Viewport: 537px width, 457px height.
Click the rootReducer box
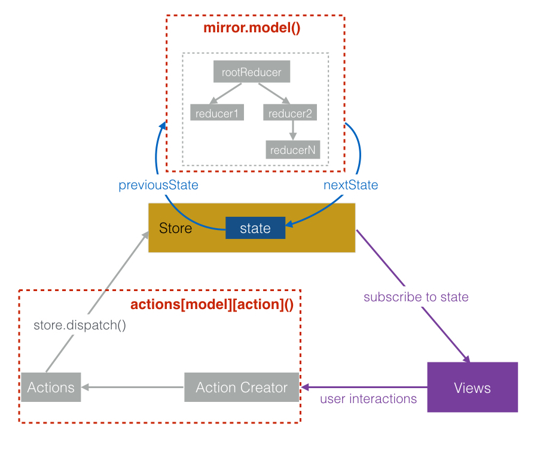(x=252, y=72)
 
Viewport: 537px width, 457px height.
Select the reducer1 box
(x=216, y=113)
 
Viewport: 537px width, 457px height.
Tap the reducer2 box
(x=289, y=113)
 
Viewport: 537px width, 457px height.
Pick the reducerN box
(x=292, y=150)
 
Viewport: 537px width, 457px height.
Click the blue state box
(x=255, y=228)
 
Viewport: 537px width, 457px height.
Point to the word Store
(x=176, y=228)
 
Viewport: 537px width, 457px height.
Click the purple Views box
(x=472, y=388)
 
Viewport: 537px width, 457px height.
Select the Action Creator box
(x=242, y=388)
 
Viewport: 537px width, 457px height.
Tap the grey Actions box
(x=51, y=388)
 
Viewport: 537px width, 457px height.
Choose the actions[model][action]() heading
(x=212, y=304)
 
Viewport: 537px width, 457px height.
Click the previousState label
(x=158, y=185)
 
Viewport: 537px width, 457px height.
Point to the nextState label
(x=351, y=185)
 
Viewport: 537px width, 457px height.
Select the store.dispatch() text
(x=80, y=326)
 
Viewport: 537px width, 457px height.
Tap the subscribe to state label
(x=416, y=297)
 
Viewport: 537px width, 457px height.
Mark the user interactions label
(x=368, y=399)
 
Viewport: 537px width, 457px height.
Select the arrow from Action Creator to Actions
(x=132, y=388)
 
